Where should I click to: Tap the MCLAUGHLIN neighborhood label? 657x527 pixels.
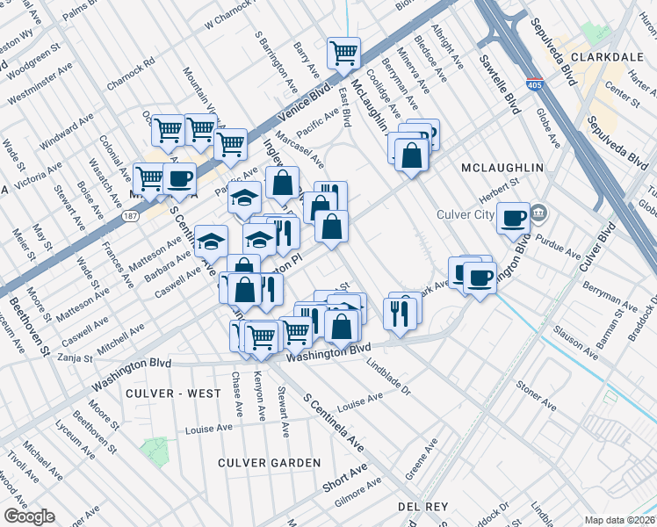tap(502, 167)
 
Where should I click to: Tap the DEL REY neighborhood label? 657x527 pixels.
tap(423, 507)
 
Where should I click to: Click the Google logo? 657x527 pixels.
tap(29, 516)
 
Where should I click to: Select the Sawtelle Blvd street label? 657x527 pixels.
tap(500, 83)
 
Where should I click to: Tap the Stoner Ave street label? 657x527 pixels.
tap(536, 395)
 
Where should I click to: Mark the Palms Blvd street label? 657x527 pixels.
tap(81, 9)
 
